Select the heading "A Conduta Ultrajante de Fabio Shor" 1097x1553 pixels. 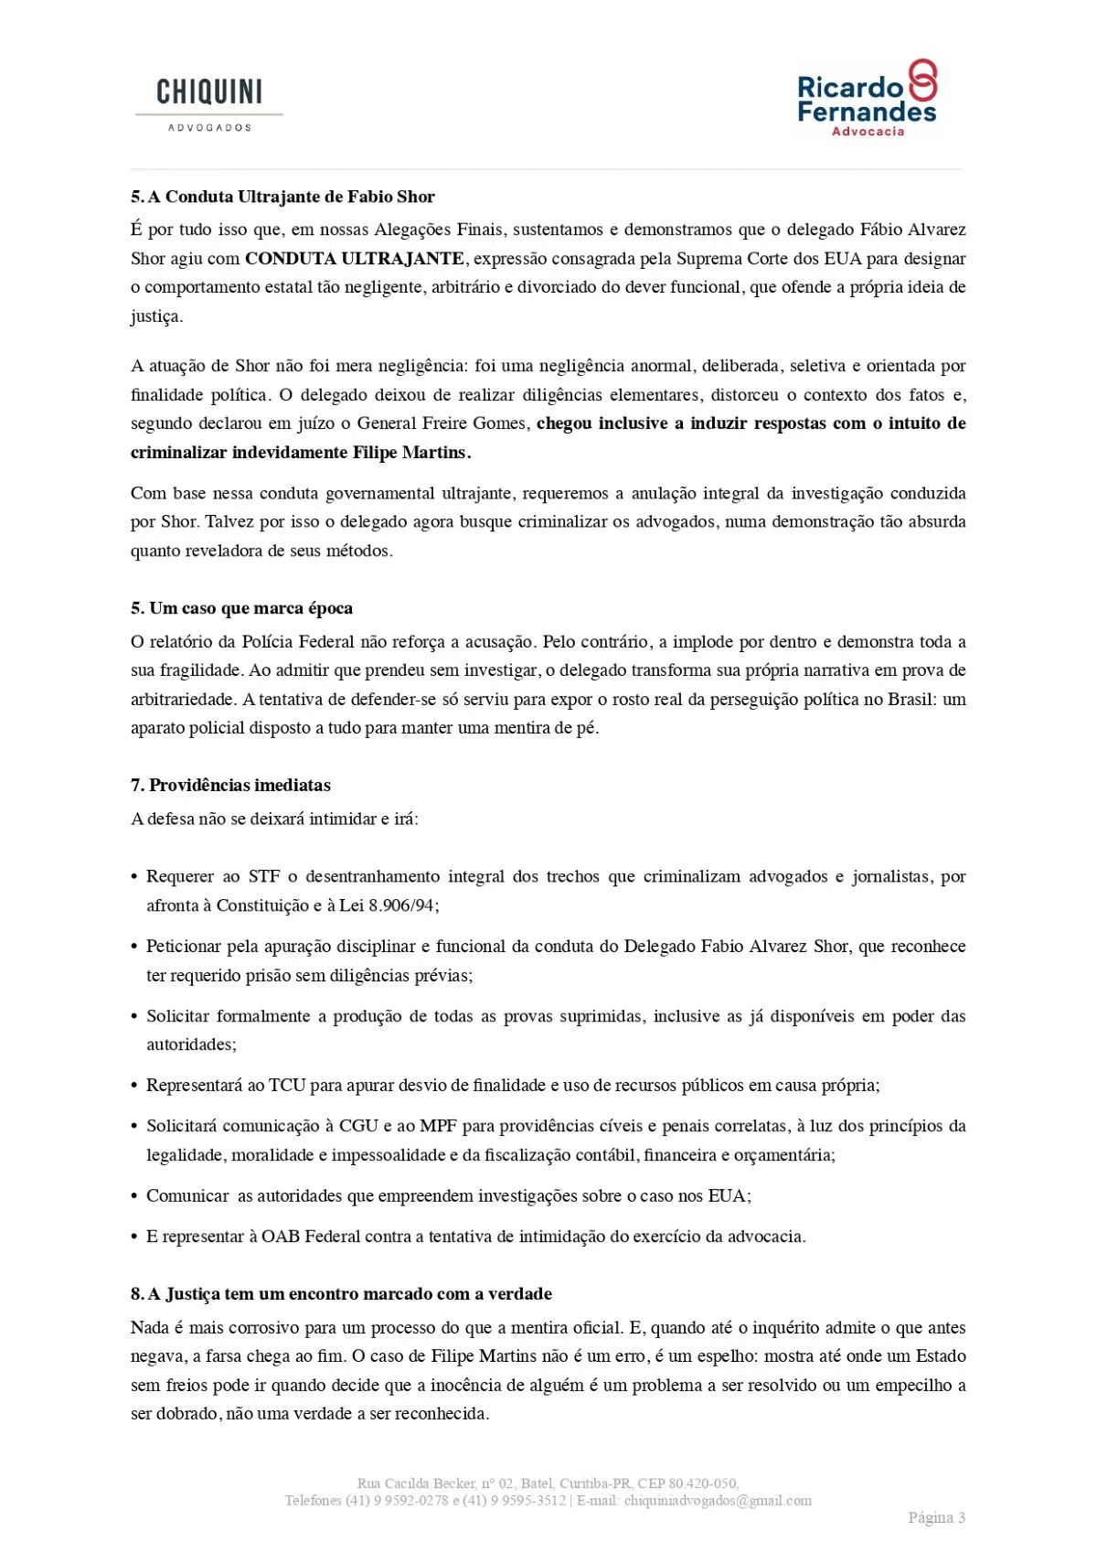click(x=291, y=197)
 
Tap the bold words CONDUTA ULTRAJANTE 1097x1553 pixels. click(x=355, y=259)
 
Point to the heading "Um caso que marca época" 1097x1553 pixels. click(x=250, y=608)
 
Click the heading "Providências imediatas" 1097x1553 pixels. click(x=240, y=785)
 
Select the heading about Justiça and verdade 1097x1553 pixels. click(x=350, y=1293)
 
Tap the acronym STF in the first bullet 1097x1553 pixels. click(x=264, y=876)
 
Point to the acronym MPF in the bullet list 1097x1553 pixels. click(x=438, y=1126)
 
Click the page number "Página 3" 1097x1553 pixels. click(x=936, y=1517)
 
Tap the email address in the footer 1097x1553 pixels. click(x=718, y=1501)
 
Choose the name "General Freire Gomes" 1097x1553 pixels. click(x=442, y=423)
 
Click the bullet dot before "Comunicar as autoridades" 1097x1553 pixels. click(x=135, y=1196)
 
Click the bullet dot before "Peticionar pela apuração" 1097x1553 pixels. click(x=135, y=947)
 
